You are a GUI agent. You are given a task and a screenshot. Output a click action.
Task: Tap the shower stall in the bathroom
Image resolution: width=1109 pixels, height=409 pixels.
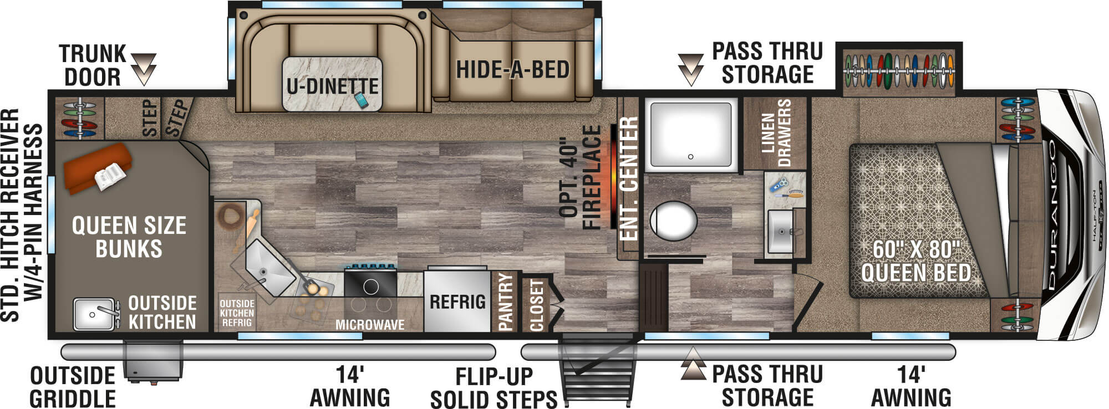coord(691,134)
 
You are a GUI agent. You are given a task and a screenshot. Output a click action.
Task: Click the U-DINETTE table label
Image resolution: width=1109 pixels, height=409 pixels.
coord(332,85)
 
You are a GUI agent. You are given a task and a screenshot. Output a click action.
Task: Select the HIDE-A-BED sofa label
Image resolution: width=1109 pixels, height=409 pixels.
coord(513,70)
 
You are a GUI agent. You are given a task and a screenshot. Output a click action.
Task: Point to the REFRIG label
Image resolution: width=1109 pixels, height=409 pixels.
coord(457,302)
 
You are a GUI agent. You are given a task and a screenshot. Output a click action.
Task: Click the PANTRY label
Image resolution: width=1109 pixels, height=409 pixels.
coord(506,301)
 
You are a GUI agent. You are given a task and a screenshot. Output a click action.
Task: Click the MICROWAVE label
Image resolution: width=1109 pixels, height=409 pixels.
coord(370,325)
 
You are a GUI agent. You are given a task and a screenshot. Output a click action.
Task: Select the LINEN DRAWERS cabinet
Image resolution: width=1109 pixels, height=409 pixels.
coord(775,133)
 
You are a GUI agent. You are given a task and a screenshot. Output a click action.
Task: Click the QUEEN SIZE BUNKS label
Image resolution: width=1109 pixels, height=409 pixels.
coord(129,237)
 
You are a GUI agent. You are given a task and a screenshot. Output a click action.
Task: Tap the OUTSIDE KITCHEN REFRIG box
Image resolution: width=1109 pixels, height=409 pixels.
coord(237,313)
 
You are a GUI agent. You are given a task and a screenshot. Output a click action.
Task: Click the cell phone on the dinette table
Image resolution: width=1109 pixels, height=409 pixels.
coord(361,100)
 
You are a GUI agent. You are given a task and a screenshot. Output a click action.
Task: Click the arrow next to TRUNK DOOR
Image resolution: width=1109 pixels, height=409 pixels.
coord(144,69)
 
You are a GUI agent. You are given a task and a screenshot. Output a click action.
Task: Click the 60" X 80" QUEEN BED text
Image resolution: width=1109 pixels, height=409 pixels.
coord(915,261)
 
